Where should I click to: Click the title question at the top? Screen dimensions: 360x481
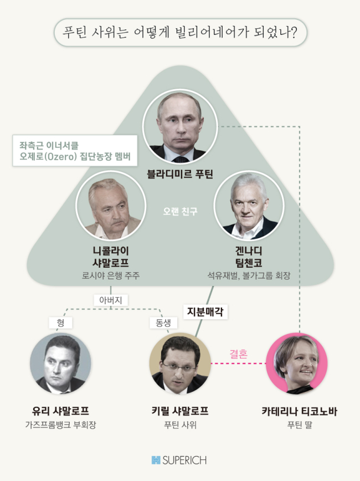tap(180, 32)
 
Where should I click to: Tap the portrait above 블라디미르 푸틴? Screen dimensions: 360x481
tap(181, 126)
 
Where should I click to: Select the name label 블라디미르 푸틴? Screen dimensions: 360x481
tap(180, 174)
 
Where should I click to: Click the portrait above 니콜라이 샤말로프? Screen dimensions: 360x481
tap(111, 205)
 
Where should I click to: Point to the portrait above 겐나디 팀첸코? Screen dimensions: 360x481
tap(249, 205)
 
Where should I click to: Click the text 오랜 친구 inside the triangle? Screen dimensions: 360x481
tap(181, 211)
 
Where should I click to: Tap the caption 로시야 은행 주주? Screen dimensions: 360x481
tap(111, 275)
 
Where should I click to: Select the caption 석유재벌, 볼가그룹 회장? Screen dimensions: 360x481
tap(249, 275)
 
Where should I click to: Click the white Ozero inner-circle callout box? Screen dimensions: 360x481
tap(75, 151)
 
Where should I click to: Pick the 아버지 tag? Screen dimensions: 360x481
tap(111, 300)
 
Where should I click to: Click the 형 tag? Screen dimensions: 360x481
tap(61, 323)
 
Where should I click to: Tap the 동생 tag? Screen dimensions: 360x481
tap(163, 323)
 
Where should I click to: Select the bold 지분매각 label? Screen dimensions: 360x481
tap(205, 311)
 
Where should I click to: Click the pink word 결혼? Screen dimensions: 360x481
tap(239, 354)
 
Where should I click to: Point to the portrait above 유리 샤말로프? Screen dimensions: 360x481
tap(60, 363)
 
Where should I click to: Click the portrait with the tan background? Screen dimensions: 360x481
tap(180, 363)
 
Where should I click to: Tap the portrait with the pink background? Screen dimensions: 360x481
tap(297, 363)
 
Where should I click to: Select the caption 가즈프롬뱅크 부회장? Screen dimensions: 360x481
tap(60, 425)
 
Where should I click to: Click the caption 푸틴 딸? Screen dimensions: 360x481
tap(299, 425)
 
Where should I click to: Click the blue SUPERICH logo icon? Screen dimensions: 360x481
tap(156, 460)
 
